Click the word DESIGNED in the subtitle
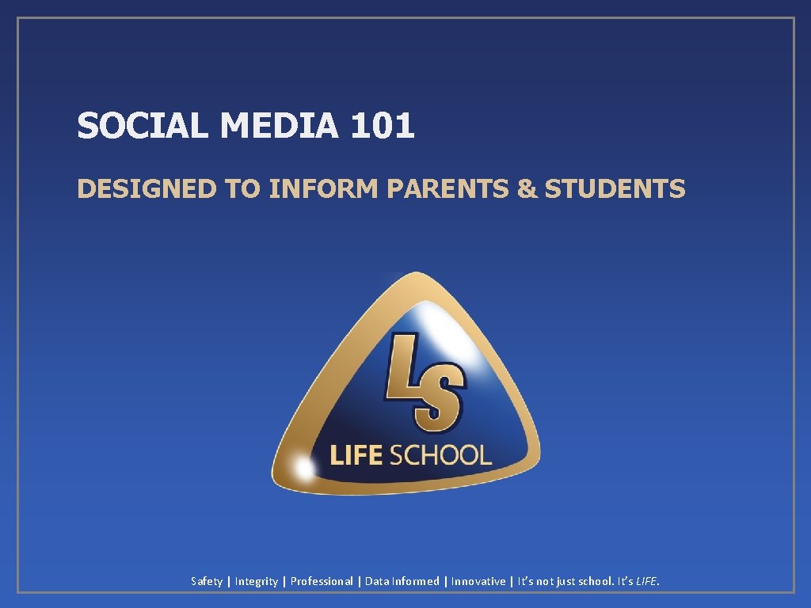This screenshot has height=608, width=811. (x=147, y=189)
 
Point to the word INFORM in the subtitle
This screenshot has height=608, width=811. (x=324, y=189)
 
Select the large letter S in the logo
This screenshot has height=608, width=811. (x=440, y=400)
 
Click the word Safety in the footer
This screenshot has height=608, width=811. (x=207, y=582)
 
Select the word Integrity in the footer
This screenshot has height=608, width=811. (x=257, y=582)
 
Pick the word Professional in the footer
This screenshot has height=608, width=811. (x=322, y=582)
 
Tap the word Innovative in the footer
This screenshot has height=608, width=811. (x=478, y=582)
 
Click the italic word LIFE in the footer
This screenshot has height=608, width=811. (x=646, y=582)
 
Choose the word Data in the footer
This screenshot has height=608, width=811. (x=376, y=582)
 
